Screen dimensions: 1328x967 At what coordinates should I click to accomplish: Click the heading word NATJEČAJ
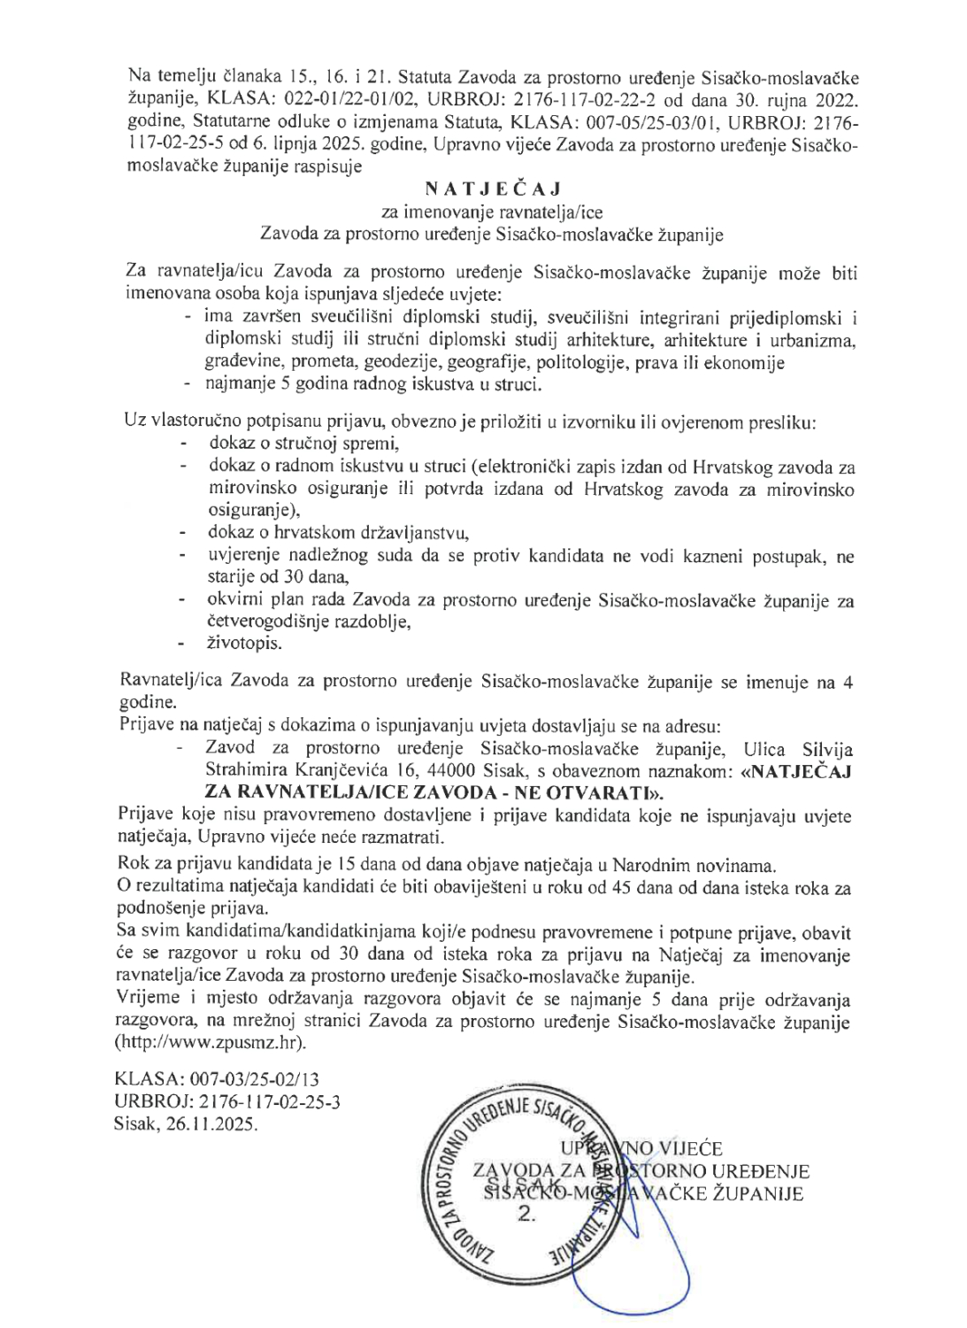[x=493, y=189]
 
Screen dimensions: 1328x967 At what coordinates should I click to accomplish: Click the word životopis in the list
[x=245, y=644]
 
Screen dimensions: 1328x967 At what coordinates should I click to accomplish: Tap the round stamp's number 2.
[x=526, y=1215]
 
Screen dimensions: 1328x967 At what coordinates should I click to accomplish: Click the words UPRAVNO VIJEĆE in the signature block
[x=641, y=1149]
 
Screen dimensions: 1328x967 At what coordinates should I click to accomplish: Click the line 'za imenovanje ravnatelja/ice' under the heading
[x=492, y=212]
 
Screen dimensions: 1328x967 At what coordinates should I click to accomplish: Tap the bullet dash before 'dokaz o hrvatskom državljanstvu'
[x=183, y=533]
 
